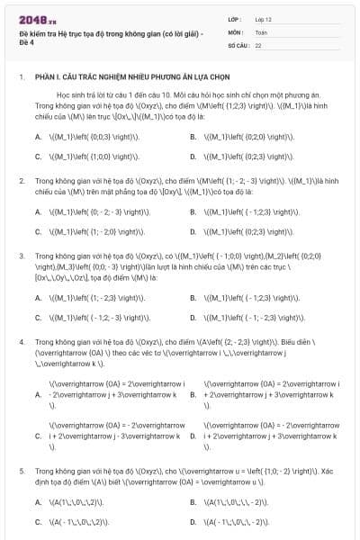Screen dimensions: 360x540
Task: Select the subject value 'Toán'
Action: (261, 31)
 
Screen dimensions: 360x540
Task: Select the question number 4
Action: (21, 343)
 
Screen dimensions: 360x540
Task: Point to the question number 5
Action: (21, 471)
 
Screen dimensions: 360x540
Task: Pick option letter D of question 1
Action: (193, 156)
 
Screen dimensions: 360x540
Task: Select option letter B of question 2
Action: (193, 212)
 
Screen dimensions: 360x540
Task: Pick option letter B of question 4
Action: (193, 394)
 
